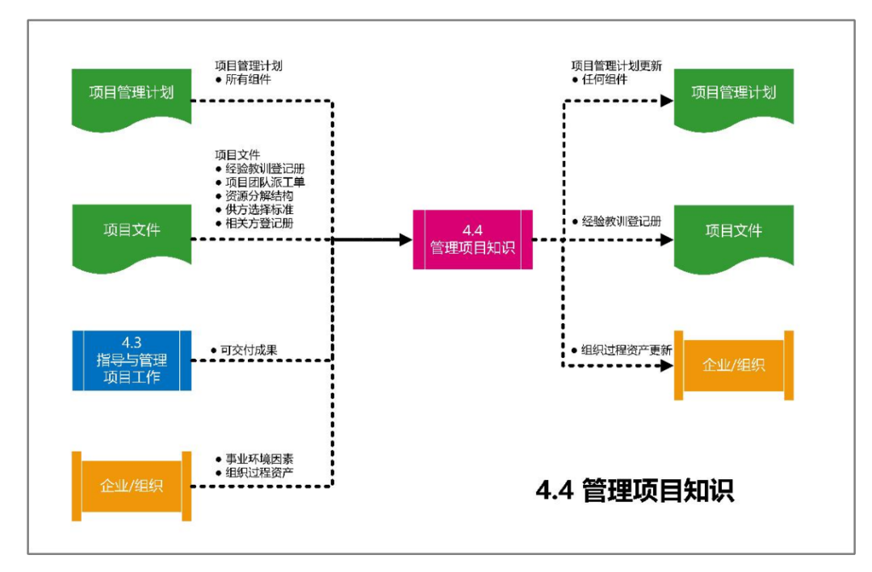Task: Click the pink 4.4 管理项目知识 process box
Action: click(472, 239)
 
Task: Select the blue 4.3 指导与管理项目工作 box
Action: click(132, 360)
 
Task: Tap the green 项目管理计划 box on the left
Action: click(132, 94)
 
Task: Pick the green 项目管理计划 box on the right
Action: click(734, 94)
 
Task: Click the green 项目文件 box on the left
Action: click(132, 231)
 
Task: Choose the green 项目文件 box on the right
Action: click(734, 231)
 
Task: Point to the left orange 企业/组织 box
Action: click(132, 486)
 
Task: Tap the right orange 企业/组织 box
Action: click(734, 364)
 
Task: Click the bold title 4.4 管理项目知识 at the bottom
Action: click(635, 490)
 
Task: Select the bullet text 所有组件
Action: click(248, 79)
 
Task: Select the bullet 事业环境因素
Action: click(259, 458)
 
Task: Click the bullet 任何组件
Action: click(605, 79)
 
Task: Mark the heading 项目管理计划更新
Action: click(616, 65)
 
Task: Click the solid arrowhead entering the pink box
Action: click(405, 239)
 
